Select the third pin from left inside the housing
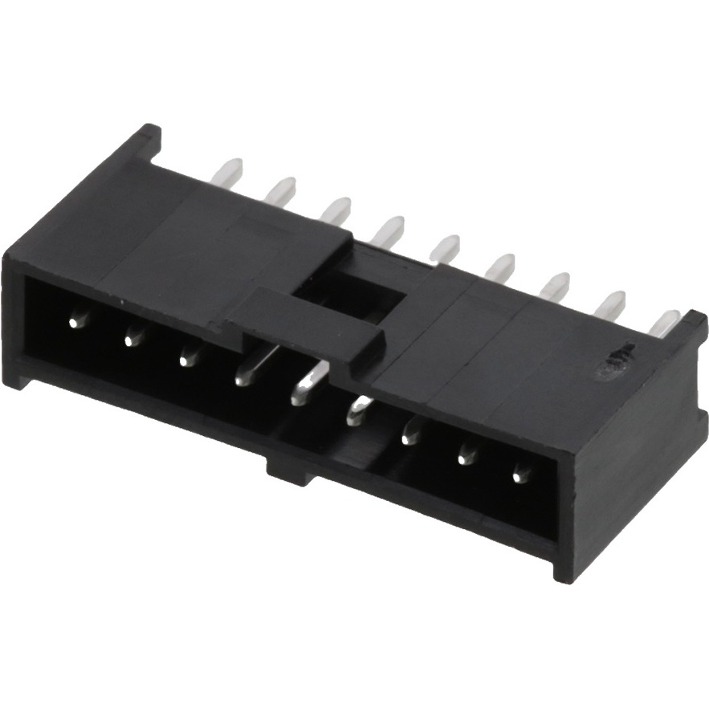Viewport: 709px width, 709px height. click(x=189, y=354)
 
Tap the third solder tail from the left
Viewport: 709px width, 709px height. click(x=335, y=210)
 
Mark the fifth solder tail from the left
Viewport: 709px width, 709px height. click(x=444, y=248)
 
